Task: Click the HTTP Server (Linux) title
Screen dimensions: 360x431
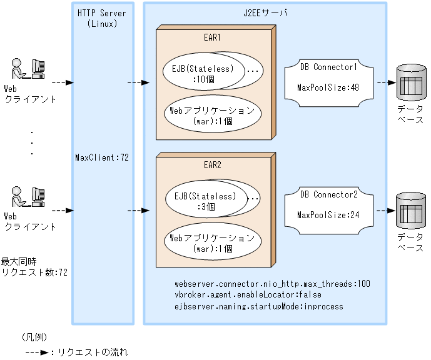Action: (101, 17)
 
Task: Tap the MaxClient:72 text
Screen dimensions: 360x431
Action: (101, 157)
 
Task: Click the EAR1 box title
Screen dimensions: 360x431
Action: (212, 37)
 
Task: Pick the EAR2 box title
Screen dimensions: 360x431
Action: (212, 166)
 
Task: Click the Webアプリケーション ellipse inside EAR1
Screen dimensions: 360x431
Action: (213, 115)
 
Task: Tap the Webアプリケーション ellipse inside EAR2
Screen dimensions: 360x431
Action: (213, 242)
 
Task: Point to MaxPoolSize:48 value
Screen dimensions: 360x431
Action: (328, 87)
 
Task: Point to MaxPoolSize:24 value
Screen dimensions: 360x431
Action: (328, 214)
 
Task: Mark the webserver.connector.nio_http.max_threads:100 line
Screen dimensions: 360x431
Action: (272, 283)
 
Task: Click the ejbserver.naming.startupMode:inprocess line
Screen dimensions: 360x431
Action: (259, 307)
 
